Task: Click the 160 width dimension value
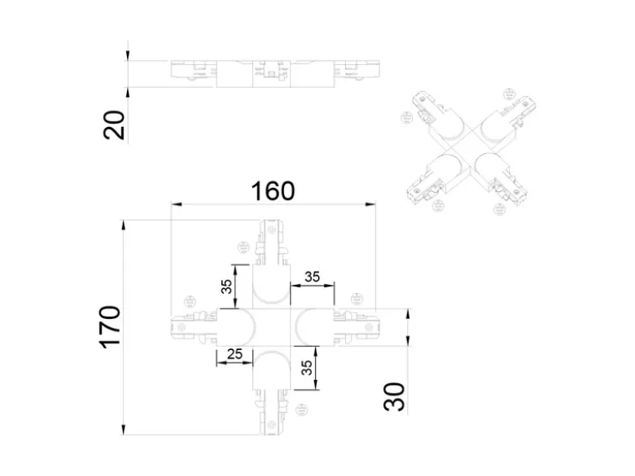click(x=273, y=191)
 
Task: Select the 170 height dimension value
click(x=109, y=327)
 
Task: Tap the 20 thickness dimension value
click(x=114, y=124)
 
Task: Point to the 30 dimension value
click(x=394, y=397)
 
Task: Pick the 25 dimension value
click(x=234, y=354)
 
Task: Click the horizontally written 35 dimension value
click(x=312, y=277)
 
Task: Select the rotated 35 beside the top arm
click(x=227, y=286)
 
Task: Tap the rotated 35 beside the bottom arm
click(x=307, y=368)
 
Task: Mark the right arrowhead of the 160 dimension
click(x=370, y=204)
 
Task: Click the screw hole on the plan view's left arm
click(x=182, y=326)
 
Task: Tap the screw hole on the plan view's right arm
click(x=368, y=326)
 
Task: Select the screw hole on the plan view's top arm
click(x=271, y=229)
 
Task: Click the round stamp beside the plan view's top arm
click(x=243, y=247)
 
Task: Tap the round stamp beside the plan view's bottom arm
click(x=300, y=410)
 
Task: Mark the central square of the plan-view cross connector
click(x=272, y=327)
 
